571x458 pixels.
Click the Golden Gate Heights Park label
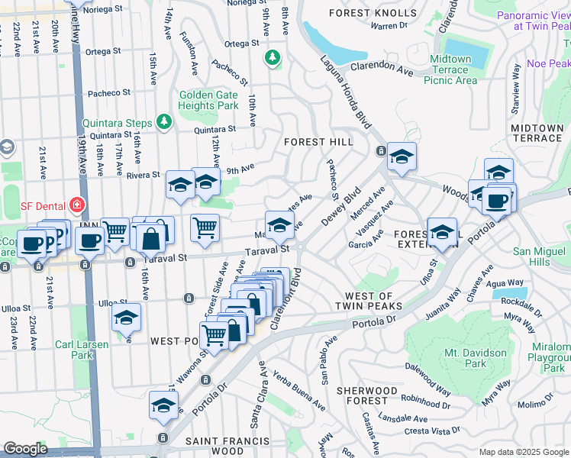pos(208,102)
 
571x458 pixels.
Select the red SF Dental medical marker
pos(76,205)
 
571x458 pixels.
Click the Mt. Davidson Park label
pos(475,359)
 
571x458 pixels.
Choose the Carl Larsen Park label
pos(82,350)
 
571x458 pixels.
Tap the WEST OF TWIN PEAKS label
pos(369,301)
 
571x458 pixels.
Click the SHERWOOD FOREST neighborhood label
pos(367,396)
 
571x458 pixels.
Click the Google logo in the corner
pos(25,449)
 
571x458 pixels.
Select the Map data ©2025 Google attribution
pos(524,451)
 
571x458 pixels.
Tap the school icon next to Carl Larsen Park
pos(127,320)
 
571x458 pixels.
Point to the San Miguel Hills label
pos(541,256)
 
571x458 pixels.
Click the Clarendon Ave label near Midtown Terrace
pos(385,73)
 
